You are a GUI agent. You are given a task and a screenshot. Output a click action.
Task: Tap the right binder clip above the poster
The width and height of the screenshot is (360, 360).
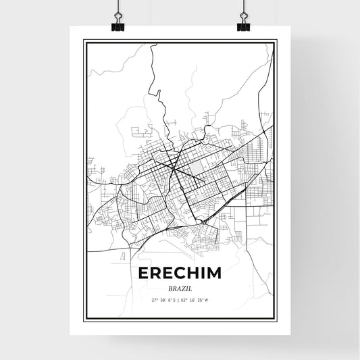[243, 24]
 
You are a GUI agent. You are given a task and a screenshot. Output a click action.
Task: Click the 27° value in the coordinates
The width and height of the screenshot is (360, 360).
[153, 300]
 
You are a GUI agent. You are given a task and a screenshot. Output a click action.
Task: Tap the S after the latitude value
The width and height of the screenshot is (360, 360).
[174, 300]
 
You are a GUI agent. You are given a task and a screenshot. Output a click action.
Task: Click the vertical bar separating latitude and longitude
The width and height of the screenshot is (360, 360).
[179, 300]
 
